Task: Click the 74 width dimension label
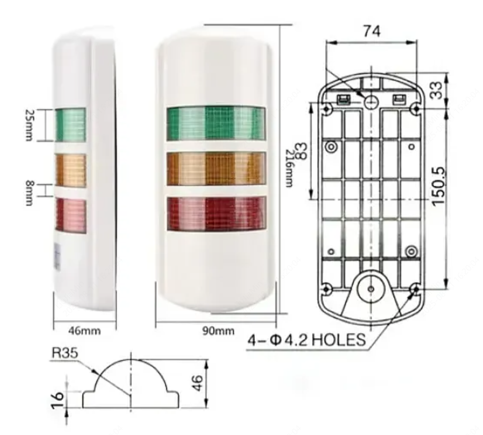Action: (372, 31)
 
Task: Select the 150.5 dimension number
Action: (438, 186)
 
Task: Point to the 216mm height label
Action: (289, 168)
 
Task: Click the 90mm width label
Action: (218, 331)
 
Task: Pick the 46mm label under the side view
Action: (84, 331)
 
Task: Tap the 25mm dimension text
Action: (29, 125)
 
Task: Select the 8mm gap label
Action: (29, 193)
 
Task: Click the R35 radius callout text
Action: (65, 353)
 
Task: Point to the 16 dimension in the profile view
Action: (57, 400)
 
